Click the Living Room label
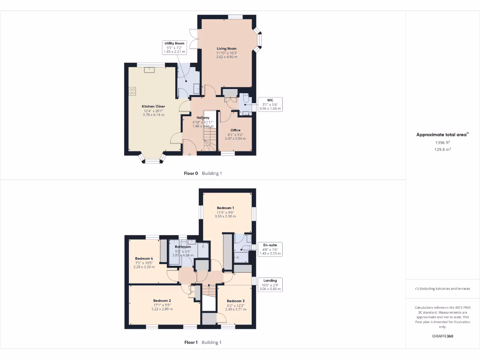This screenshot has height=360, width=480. pos(226,48)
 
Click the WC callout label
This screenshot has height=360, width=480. pos(270,100)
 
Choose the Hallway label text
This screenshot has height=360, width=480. pos(203,118)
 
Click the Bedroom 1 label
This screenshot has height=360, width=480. pos(225,208)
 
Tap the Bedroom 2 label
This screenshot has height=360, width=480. pos(162,300)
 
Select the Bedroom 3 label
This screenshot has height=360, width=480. pos(235,301)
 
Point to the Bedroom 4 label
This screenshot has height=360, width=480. pos(144,258)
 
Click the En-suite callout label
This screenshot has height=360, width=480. pos(270,245)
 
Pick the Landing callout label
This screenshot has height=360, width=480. pos(270,281)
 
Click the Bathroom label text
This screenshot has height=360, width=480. pos(183,247)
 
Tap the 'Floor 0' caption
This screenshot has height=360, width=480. pos(191,173)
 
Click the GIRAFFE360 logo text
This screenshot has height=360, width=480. pos(442,336)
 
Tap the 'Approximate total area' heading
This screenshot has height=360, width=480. pos(442,135)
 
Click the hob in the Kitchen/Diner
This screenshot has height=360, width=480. pos(132,90)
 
